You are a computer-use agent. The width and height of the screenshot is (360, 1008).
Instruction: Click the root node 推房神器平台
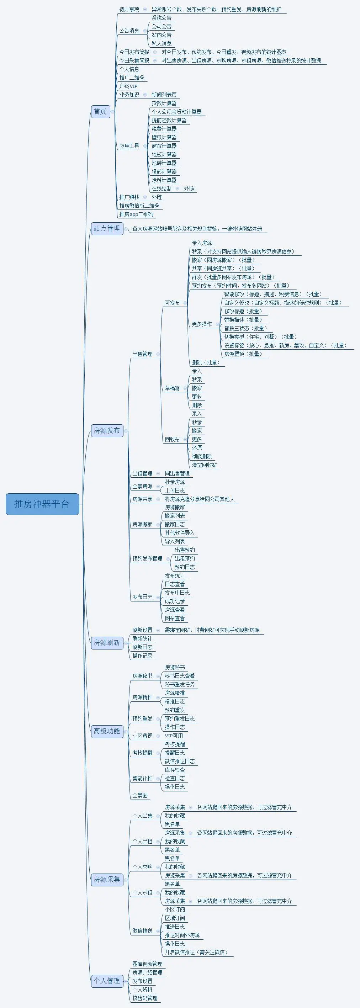42,504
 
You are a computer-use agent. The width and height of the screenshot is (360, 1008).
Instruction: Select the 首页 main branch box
100,112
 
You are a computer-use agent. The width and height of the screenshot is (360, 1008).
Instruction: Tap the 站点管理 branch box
107,228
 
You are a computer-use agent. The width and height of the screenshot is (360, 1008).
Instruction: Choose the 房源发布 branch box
107,430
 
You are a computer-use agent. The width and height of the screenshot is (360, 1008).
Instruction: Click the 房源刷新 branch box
107,642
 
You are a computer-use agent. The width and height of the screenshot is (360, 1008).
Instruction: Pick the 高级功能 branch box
107,731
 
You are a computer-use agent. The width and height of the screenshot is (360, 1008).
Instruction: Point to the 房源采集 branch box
107,879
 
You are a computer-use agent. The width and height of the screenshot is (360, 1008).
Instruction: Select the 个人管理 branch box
107,981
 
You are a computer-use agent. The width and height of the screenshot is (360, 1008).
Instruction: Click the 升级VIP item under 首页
128,86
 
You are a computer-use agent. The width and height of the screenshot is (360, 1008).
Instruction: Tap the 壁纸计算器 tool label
164,137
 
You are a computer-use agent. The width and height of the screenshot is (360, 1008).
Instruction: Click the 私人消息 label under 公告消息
162,43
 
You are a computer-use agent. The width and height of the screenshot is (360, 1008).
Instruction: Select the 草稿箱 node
172,388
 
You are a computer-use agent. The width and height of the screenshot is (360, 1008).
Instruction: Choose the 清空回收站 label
204,465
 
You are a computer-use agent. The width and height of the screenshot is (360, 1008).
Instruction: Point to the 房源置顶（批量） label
243,354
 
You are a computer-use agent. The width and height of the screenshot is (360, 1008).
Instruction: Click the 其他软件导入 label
180,533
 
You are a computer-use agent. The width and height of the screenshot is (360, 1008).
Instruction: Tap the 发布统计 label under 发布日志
175,575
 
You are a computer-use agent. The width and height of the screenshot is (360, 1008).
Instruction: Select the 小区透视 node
142,736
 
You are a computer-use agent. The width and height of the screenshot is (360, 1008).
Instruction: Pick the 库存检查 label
175,770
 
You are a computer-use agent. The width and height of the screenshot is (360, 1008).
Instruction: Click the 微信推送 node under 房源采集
142,930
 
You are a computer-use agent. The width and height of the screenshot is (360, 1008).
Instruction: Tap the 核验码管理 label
145,998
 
